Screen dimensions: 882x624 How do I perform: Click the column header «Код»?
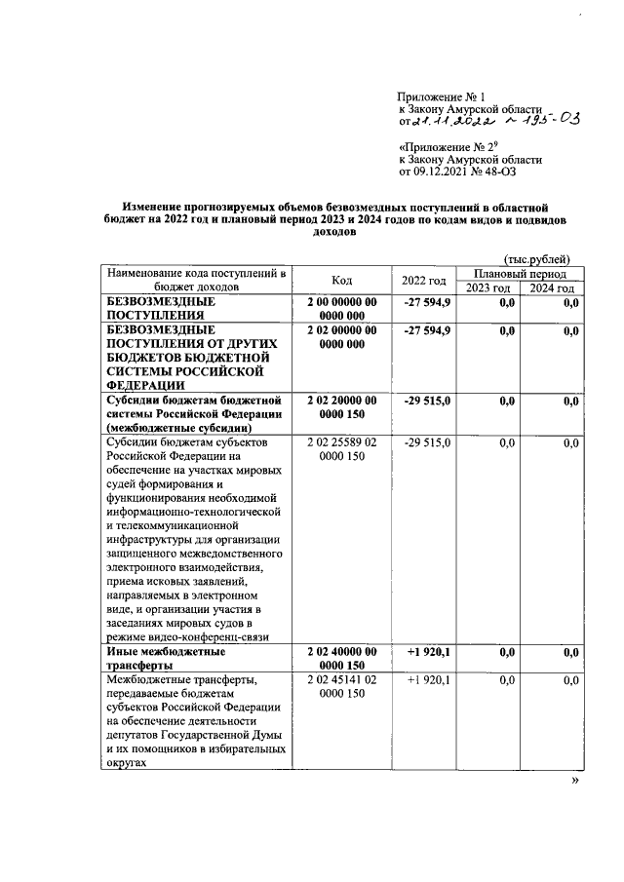point(341,281)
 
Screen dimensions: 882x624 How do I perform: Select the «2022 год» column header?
point(424,281)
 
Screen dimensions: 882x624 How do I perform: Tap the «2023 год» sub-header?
point(487,288)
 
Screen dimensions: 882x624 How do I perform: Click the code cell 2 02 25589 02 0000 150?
point(341,449)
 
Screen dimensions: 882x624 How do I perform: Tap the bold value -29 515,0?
point(427,400)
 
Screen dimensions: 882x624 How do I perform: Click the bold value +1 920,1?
point(427,650)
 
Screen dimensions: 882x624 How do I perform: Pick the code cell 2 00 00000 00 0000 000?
point(341,309)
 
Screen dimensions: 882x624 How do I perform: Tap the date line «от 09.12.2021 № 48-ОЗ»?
point(456,172)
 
